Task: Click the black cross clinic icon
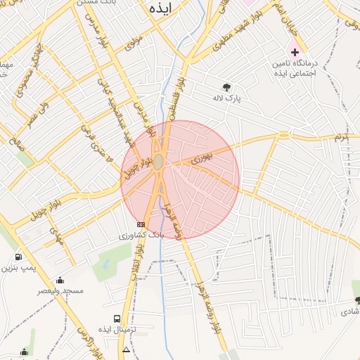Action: tap(295, 53)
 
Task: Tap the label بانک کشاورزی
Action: tap(141, 235)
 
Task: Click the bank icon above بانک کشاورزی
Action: tap(141, 224)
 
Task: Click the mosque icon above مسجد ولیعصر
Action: tap(60, 280)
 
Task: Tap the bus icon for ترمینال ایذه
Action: tap(117, 319)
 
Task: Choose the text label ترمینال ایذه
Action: tap(115, 330)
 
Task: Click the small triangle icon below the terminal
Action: tap(126, 349)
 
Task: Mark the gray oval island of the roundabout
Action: tap(160, 162)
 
